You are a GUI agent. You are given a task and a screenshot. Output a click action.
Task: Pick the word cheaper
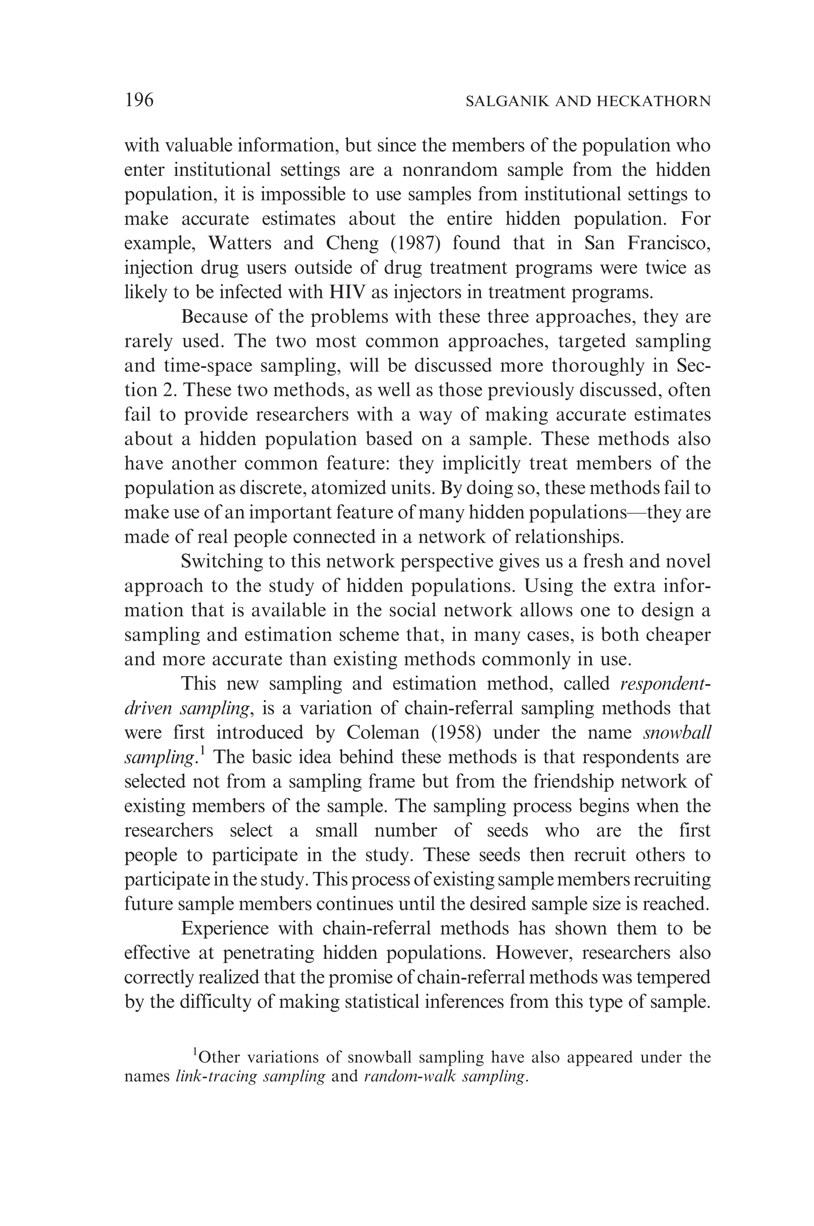pos(678,635)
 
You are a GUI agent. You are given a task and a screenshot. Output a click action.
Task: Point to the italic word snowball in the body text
pos(676,733)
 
